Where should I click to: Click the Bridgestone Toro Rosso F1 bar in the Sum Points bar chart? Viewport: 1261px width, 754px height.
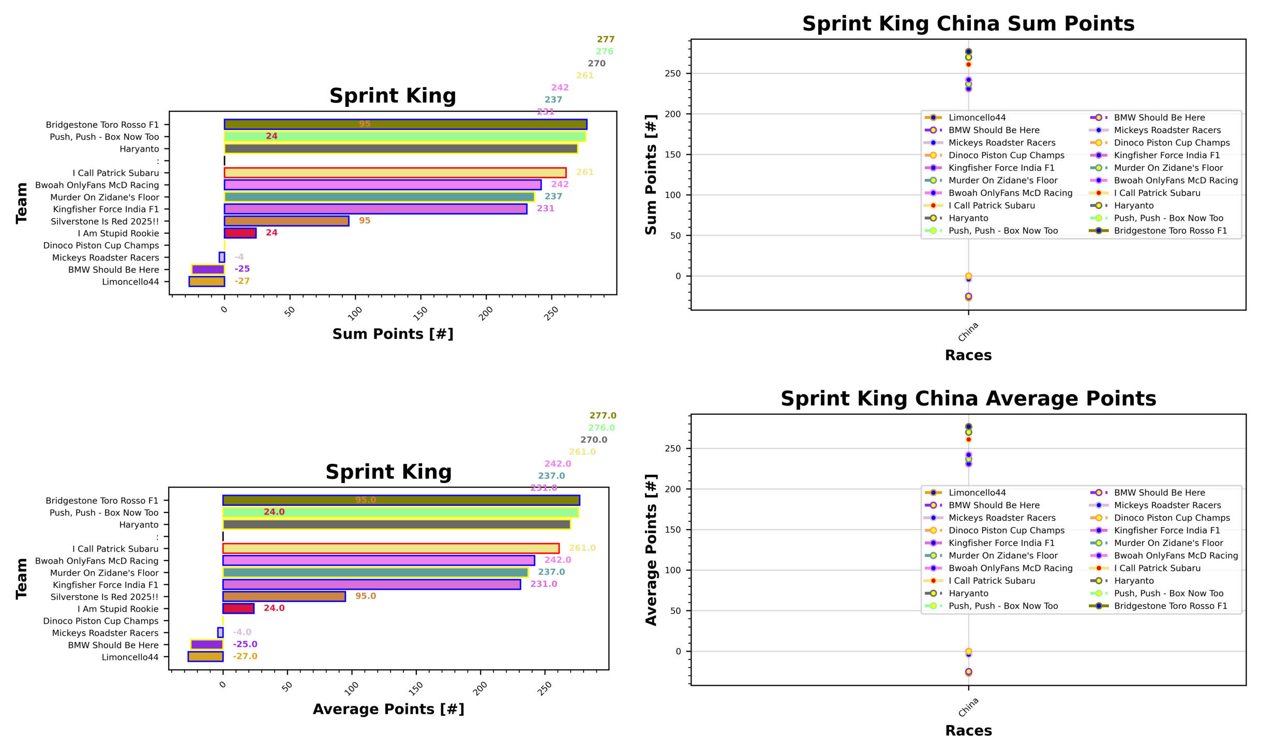tap(405, 125)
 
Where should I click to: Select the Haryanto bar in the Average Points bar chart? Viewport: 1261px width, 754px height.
tap(396, 524)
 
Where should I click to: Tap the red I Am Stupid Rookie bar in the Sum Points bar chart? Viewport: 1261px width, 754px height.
tap(240, 233)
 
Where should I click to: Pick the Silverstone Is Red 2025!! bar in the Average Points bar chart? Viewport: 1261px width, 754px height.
tap(284, 596)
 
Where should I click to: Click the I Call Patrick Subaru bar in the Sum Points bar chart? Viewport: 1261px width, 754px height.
tap(395, 173)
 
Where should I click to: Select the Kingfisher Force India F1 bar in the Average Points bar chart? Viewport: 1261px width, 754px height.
tap(371, 584)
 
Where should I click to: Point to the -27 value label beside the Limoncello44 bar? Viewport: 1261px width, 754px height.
tap(242, 281)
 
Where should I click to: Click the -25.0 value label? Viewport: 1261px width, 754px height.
tap(245, 644)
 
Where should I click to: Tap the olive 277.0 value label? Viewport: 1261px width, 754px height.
tap(603, 416)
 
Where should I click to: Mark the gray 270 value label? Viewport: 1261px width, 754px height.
tap(596, 64)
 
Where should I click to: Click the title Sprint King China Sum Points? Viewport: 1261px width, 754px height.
tap(968, 24)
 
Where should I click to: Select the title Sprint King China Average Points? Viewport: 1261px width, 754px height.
tap(968, 399)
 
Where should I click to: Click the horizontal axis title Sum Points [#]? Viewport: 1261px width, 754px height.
tap(393, 334)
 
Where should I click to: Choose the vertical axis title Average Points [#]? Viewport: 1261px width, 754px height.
tap(651, 550)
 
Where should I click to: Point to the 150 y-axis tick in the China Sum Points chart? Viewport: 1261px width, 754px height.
tap(672, 155)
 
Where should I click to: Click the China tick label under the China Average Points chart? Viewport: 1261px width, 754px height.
tap(968, 707)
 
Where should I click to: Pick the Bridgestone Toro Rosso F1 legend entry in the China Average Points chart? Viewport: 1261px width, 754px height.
tap(1170, 606)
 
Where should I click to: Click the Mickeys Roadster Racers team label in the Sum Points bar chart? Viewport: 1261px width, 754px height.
tap(106, 258)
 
